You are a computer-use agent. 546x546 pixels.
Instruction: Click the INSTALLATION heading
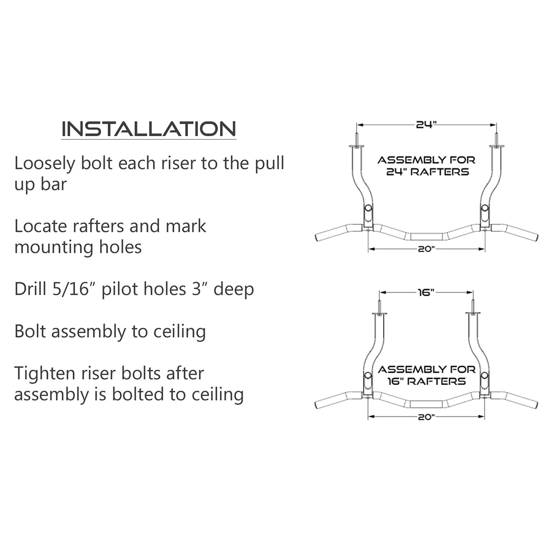click(148, 129)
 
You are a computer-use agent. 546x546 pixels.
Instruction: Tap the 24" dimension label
click(426, 125)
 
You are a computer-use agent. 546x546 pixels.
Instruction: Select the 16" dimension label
click(426, 292)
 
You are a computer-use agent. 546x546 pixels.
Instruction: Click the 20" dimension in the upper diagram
click(426, 249)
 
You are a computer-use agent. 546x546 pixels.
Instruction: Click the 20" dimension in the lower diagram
click(426, 417)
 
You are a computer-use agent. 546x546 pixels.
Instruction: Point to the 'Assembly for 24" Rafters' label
click(427, 166)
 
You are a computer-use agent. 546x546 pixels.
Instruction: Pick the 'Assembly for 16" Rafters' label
click(427, 375)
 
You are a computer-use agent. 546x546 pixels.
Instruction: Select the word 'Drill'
click(28, 289)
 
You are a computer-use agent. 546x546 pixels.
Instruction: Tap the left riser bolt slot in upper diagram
click(368, 209)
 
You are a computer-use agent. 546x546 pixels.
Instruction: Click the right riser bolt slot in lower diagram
click(484, 376)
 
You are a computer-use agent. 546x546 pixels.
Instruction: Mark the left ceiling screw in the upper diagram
click(356, 138)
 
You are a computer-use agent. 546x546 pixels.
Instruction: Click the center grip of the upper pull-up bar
click(426, 237)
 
